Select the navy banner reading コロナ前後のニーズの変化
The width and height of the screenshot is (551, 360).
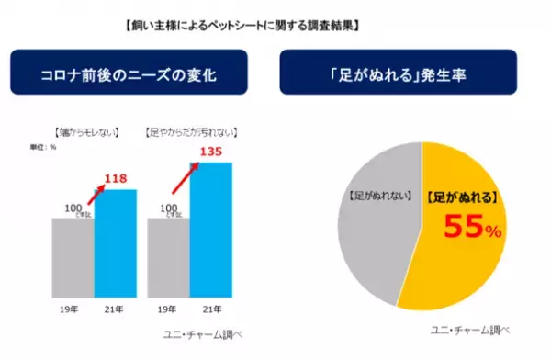click(137, 73)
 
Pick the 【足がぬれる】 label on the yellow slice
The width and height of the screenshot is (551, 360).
click(463, 195)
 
